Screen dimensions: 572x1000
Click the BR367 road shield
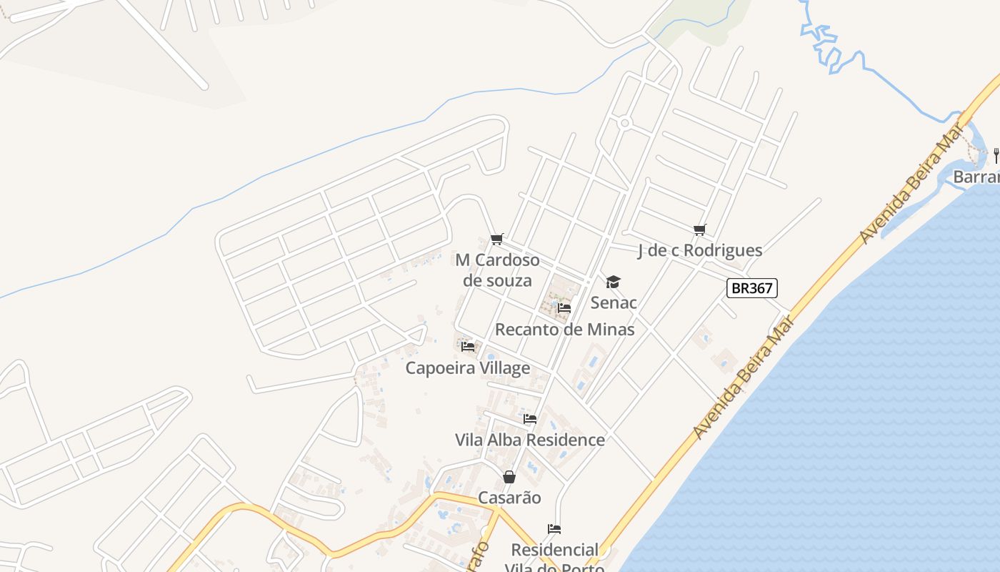tap(751, 288)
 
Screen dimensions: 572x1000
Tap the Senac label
tap(614, 302)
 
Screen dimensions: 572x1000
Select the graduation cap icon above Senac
tap(614, 282)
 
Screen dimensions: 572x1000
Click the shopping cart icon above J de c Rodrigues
tap(699, 230)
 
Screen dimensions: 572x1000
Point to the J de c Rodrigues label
tap(699, 250)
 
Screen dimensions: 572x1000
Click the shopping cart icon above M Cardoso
tap(497, 239)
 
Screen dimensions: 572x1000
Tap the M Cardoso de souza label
tap(497, 270)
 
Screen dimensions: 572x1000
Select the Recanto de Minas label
tap(564, 330)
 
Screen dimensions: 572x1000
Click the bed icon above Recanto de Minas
tap(564, 308)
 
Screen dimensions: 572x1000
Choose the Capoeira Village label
tap(468, 368)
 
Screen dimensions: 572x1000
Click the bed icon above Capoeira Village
tap(468, 347)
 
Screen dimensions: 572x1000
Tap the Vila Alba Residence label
tap(530, 440)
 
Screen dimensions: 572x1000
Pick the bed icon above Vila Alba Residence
tap(530, 419)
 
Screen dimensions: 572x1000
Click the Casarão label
tap(509, 498)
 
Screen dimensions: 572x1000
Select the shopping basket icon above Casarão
tap(509, 476)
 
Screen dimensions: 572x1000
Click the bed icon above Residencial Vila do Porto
tap(554, 529)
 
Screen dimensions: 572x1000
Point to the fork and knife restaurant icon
tap(996, 154)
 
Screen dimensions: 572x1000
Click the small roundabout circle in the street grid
tap(625, 123)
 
